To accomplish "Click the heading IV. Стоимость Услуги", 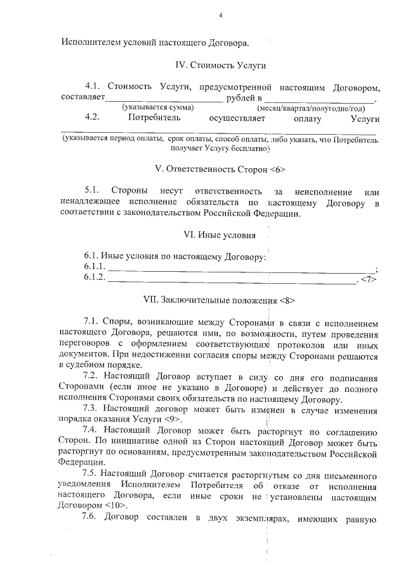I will point(220,65).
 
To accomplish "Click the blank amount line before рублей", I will point(164,99).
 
